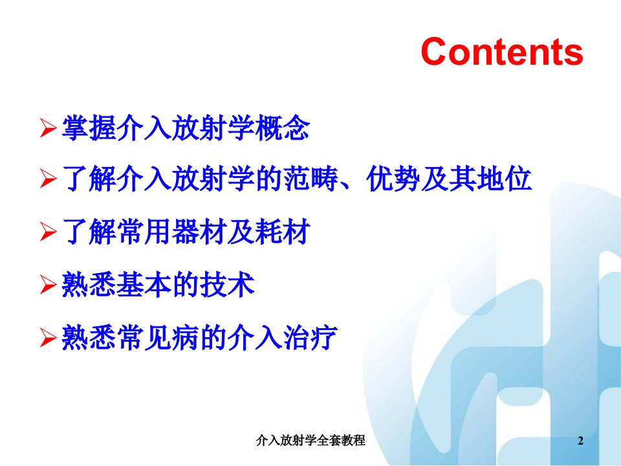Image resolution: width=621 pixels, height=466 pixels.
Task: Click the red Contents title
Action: point(502,51)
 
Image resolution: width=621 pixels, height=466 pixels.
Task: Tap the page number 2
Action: point(581,440)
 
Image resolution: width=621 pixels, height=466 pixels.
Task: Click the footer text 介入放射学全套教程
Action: point(310,440)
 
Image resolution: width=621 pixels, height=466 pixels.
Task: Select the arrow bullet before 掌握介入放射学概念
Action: point(49,128)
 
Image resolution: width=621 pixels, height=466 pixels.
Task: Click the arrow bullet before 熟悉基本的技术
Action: point(49,285)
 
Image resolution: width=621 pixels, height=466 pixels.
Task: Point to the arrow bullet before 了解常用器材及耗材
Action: point(49,232)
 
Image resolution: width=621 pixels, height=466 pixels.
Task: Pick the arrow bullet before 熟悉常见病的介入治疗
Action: point(49,338)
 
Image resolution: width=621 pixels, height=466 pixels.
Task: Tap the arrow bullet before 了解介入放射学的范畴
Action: point(49,179)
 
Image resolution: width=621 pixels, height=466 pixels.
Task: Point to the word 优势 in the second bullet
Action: point(393,179)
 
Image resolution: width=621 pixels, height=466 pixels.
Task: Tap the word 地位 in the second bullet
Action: point(504,179)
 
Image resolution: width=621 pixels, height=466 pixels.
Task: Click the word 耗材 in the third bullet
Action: point(283,232)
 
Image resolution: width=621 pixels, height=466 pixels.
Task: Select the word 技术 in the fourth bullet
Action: point(227,285)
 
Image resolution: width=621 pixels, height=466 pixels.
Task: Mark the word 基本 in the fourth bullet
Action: point(144,285)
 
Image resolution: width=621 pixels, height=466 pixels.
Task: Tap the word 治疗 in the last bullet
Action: point(310,338)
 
